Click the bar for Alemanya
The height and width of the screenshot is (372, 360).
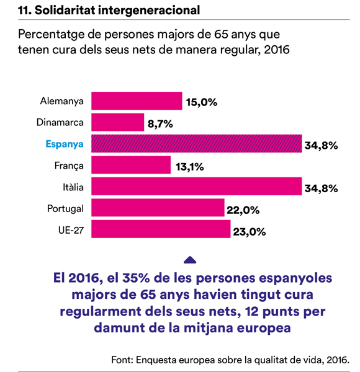pyautogui.click(x=137, y=101)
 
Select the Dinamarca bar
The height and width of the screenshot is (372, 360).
pyautogui.click(x=118, y=122)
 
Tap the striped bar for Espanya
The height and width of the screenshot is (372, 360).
pyautogui.click(x=197, y=144)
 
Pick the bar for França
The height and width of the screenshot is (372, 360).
pyautogui.click(x=131, y=165)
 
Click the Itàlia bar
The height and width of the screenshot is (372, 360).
pyautogui.click(x=197, y=186)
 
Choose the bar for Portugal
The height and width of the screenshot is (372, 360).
pyautogui.click(x=158, y=208)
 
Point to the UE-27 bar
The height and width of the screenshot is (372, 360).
pyautogui.click(x=161, y=229)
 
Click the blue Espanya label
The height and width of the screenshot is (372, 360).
pyautogui.click(x=65, y=144)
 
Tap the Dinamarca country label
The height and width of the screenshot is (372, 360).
pyautogui.click(x=60, y=122)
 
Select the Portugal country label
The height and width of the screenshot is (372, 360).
pyautogui.click(x=65, y=209)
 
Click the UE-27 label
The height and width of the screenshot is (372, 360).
pyautogui.click(x=71, y=230)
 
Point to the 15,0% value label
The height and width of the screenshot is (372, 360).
pyautogui.click(x=202, y=102)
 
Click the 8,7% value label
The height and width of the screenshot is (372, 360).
pyautogui.click(x=160, y=124)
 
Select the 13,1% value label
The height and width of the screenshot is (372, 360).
pyautogui.click(x=190, y=167)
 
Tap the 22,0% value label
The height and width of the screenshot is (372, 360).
pyautogui.click(x=243, y=210)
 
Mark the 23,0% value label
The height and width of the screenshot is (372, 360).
pyautogui.click(x=250, y=231)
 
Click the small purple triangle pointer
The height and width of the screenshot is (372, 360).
pyautogui.click(x=190, y=260)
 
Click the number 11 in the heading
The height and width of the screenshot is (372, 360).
pyautogui.click(x=24, y=11)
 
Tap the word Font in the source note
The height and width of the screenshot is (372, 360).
pyautogui.click(x=122, y=360)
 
